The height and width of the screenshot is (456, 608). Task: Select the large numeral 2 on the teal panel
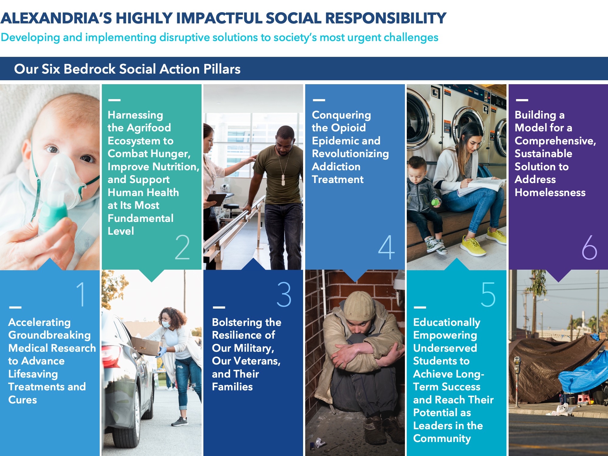tap(182, 247)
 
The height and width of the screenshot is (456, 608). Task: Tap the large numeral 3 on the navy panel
tap(284, 294)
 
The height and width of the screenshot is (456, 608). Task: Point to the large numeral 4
tap(386, 247)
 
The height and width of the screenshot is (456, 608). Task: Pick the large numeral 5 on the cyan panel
tap(488, 294)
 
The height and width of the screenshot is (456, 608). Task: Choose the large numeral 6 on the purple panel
tap(589, 247)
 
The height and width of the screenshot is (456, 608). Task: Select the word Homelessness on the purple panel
tap(550, 192)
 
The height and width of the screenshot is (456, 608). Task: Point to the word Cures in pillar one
tap(22, 400)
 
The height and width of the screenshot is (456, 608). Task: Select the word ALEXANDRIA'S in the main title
tap(56, 18)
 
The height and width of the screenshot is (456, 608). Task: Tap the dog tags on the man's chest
tap(283, 180)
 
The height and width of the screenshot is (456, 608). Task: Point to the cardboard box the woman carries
tap(146, 346)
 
